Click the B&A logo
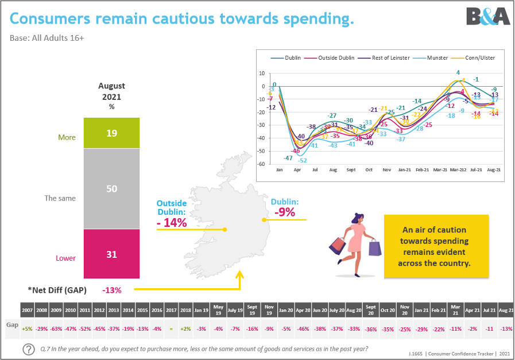point(487,16)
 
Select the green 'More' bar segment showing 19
point(112,133)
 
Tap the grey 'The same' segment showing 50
point(112,188)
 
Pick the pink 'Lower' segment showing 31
point(112,254)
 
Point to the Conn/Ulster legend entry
point(477,58)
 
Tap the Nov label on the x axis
point(387,170)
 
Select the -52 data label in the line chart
point(303,160)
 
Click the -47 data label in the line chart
point(288,157)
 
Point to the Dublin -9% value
point(284,212)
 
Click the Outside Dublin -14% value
point(172,223)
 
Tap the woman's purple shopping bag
point(375,248)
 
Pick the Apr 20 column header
point(303,309)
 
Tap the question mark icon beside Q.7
point(28,349)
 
